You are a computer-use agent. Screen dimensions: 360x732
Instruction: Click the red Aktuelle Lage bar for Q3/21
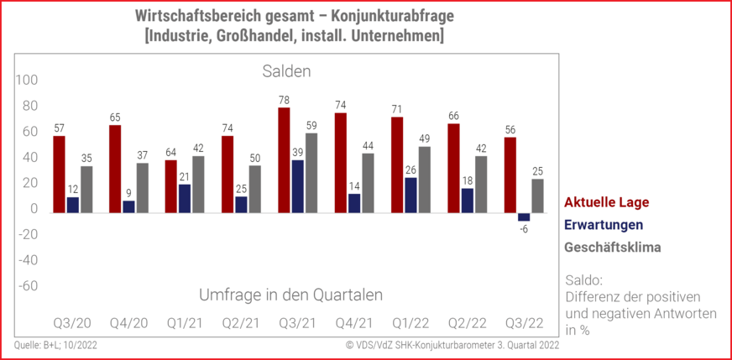[284, 159]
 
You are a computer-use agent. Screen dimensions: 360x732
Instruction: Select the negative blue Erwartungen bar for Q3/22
[524, 217]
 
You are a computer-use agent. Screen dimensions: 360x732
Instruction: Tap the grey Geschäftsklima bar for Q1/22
[425, 180]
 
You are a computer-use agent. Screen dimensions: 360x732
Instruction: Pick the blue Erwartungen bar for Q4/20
[128, 206]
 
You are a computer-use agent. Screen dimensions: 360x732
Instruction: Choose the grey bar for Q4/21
[368, 183]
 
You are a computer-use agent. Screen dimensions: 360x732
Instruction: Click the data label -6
[525, 229]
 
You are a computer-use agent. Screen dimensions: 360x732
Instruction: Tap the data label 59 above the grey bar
[311, 127]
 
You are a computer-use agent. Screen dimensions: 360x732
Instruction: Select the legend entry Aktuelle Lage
[606, 202]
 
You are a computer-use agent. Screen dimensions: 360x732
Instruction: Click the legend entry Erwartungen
[604, 225]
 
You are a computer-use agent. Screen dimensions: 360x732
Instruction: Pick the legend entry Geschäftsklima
[612, 248]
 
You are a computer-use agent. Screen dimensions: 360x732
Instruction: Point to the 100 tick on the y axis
[28, 81]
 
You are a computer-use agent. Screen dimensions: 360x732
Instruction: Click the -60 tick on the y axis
[28, 285]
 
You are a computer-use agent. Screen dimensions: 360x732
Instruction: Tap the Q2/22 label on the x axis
[466, 323]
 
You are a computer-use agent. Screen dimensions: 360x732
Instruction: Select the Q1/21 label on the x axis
[183, 323]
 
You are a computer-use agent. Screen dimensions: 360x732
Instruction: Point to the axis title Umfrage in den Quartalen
[291, 295]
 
